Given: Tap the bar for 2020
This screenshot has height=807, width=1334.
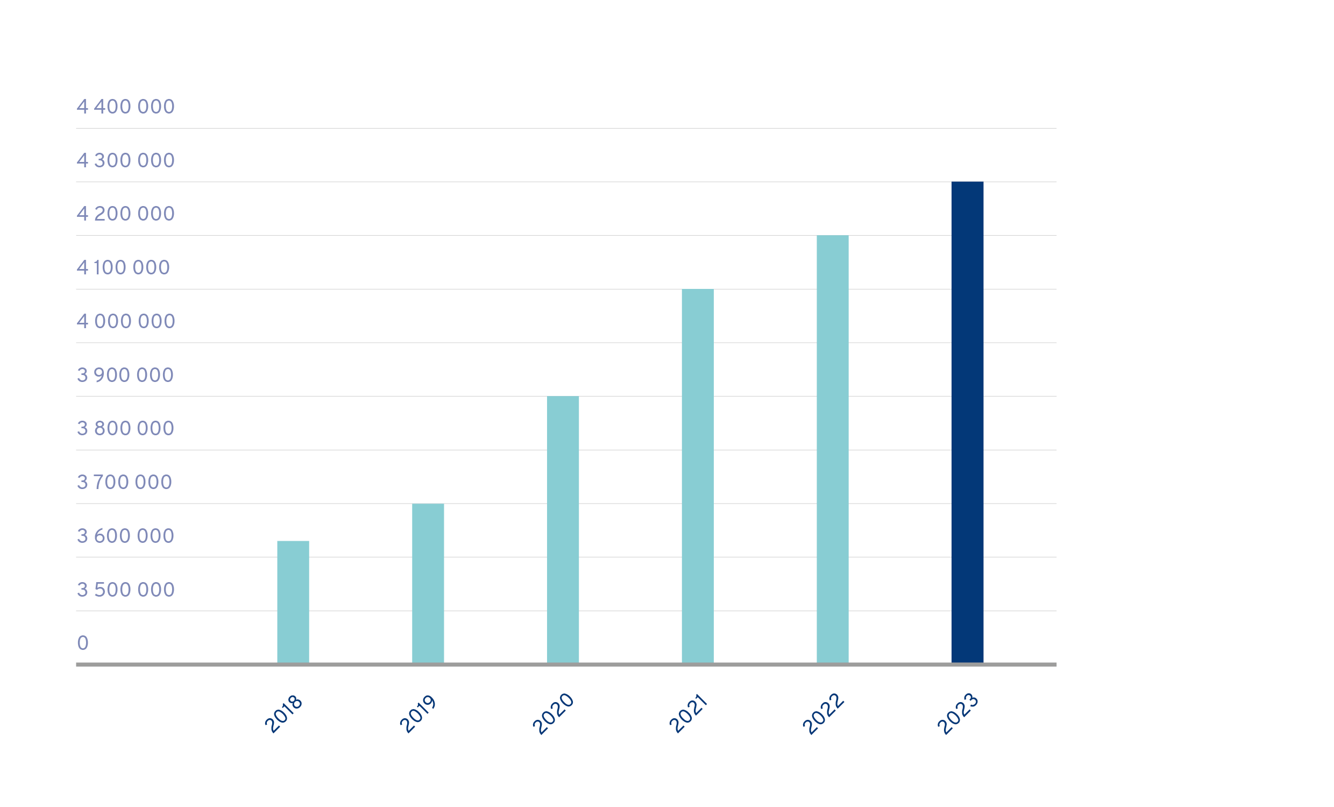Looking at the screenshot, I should point(563,529).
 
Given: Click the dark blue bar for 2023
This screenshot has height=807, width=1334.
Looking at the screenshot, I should point(967,422).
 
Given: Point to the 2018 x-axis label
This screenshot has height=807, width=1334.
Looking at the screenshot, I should point(283,714).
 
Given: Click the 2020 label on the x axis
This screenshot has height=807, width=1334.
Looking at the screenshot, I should point(553,714).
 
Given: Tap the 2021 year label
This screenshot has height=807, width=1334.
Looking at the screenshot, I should point(687,714).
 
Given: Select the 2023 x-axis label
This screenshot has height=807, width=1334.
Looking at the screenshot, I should point(957,714).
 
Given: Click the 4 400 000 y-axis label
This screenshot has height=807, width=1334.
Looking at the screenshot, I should point(126,107).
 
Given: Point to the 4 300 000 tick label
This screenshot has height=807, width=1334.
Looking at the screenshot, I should point(126,160).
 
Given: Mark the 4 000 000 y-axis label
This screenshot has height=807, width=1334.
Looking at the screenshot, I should point(126,321).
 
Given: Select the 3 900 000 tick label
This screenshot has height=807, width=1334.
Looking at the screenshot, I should point(125,375).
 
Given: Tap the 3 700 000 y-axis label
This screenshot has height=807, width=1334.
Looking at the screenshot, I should point(124,482).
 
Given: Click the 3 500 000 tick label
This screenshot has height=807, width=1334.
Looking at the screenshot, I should point(126,589).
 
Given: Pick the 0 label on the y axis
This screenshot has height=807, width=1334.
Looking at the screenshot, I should point(82,643).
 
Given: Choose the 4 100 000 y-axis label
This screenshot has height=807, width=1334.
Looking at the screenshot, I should point(123,267).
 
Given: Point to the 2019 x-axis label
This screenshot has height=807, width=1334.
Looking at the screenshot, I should point(418,714).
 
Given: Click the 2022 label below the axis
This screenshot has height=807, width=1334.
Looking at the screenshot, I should point(822,714).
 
